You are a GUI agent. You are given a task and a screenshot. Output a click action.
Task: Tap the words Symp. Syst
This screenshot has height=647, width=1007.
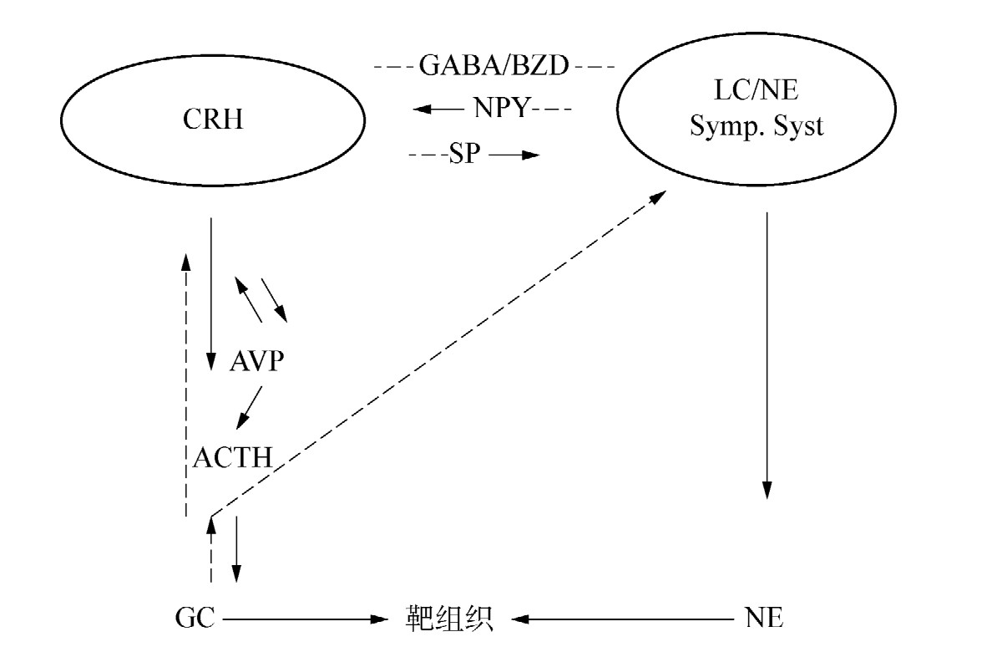pos(756,128)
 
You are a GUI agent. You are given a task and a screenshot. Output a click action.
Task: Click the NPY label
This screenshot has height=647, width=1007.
pos(501,110)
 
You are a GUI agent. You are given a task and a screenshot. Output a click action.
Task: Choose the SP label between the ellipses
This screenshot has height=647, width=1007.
pos(465,155)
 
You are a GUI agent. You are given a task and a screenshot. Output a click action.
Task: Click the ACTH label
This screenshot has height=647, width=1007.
pos(233,457)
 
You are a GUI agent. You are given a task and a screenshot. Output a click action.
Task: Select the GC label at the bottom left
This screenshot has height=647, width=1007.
pos(195,619)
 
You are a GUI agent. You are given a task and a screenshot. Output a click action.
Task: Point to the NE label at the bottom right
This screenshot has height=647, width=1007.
pos(763,619)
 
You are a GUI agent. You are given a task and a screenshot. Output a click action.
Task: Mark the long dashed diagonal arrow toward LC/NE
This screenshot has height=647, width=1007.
pos(443,351)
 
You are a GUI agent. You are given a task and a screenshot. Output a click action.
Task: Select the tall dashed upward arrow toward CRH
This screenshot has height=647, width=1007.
pos(185,385)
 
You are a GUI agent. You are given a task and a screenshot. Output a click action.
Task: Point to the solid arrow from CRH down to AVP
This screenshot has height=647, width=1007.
pos(210,293)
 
